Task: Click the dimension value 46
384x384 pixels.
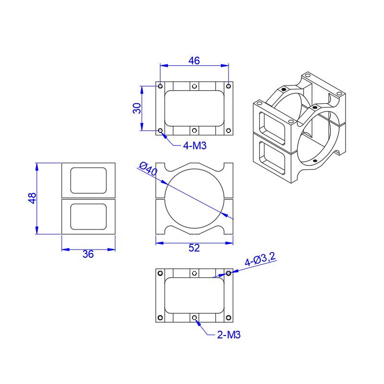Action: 194,61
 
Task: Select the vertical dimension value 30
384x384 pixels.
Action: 137,108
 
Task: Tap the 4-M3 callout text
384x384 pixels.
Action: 195,146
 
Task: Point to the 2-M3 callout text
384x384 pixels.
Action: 229,335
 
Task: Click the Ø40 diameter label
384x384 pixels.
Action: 148,169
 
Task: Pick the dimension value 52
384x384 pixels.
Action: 194,248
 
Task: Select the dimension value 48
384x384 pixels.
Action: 32,198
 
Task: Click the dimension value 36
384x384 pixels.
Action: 88,254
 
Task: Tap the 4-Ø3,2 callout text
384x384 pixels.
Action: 260,259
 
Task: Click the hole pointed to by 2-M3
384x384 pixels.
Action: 194,318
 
